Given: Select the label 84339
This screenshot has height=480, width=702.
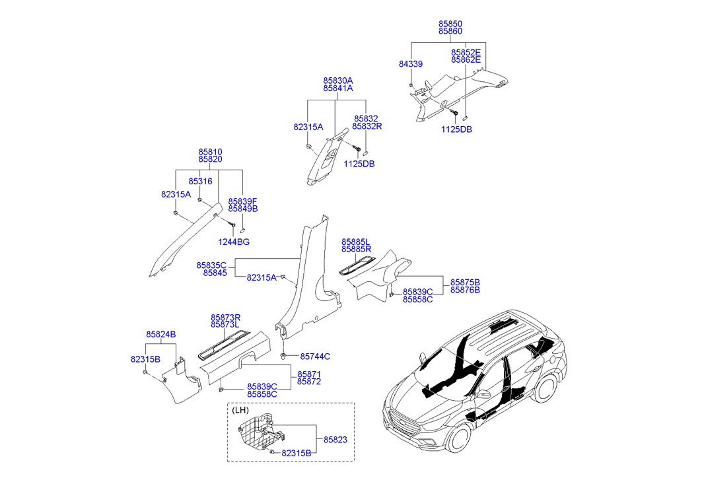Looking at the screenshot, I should [x=410, y=64].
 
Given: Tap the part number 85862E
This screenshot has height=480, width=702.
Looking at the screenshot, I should [x=466, y=59].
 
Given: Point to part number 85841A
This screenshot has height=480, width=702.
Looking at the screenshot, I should [x=337, y=88].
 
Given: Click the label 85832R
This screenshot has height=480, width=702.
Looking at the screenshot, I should [x=367, y=126].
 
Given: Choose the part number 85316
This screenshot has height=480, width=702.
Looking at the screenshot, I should [x=200, y=181].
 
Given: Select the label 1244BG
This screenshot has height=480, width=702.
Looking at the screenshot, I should [x=234, y=242].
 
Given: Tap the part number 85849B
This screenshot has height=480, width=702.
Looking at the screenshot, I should [x=242, y=209].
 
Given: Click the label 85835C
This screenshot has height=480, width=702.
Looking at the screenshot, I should [x=211, y=265].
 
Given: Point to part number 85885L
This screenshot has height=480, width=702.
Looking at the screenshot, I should [x=356, y=242].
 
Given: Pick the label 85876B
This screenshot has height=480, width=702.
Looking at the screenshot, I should [x=465, y=290].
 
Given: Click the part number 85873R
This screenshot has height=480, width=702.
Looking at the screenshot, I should [x=225, y=317].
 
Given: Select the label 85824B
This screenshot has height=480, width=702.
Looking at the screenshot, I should [x=161, y=334].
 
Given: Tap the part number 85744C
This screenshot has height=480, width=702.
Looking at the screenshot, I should [x=315, y=357].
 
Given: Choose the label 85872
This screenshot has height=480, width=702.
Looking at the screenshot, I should [x=308, y=382].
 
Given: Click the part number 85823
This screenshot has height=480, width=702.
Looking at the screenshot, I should [x=335, y=439].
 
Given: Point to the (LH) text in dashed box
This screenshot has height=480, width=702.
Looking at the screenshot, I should [x=240, y=410].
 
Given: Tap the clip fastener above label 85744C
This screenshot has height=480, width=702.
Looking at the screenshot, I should [x=283, y=357].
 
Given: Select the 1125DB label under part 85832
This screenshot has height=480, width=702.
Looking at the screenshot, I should [x=359, y=164].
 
